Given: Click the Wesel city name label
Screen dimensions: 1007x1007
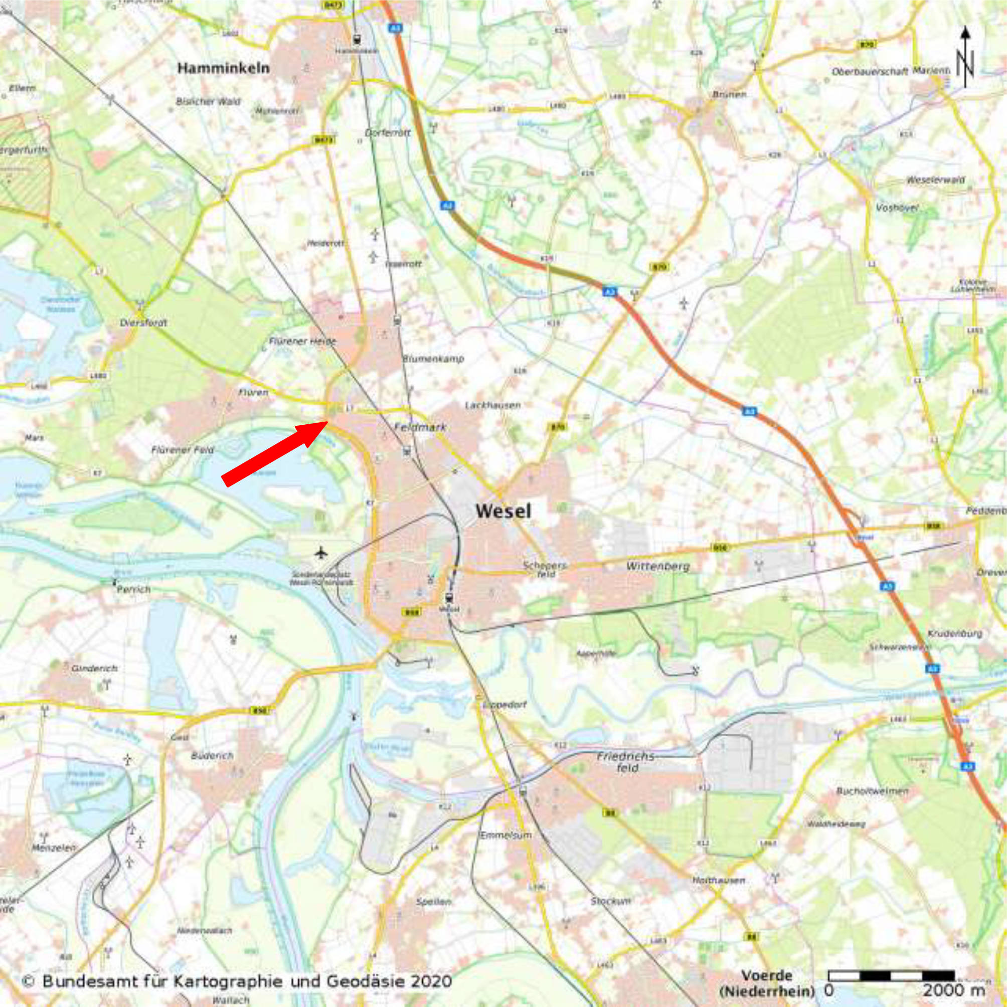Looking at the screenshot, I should tap(503, 511).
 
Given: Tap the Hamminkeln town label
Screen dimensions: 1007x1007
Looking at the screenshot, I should tap(224, 68).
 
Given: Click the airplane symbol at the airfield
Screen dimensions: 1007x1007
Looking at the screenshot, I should tap(321, 552).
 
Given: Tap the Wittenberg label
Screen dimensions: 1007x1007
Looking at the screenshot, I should tap(658, 566).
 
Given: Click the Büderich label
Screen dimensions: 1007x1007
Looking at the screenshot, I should tap(212, 755).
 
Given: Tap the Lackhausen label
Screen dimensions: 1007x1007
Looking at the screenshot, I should tap(492, 405).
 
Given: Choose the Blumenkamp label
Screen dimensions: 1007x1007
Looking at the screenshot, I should tap(433, 359).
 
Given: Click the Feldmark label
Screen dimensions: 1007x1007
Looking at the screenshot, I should tap(420, 426).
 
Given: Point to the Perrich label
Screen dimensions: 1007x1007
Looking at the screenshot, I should tap(134, 589).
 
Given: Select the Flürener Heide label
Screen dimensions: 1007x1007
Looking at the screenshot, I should tap(302, 342).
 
